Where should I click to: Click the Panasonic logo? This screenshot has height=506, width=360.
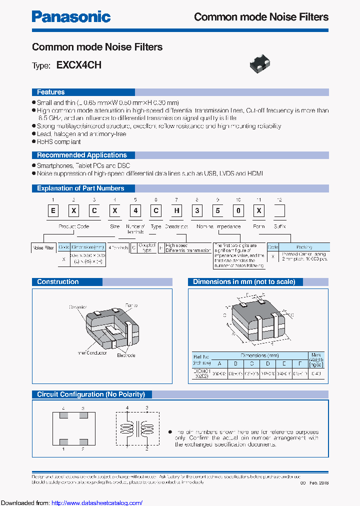(71, 16)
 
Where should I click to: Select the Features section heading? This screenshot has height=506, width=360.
(50, 92)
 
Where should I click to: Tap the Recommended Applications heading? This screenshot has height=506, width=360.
(81, 155)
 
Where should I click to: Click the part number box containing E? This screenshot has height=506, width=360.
(52, 210)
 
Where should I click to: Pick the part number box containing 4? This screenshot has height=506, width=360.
(135, 210)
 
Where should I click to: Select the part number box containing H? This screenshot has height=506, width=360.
(177, 210)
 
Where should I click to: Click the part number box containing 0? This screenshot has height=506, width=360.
(239, 210)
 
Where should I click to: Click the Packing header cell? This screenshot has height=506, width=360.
(304, 247)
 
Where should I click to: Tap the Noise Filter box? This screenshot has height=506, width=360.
(43, 247)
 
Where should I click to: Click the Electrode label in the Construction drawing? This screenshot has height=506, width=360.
(126, 355)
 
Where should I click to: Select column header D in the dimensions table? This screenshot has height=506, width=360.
(268, 363)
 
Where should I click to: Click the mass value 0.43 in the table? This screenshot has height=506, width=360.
(316, 373)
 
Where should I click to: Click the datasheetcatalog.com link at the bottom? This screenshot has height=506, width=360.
(97, 502)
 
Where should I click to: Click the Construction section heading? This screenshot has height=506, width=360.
(57, 281)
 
